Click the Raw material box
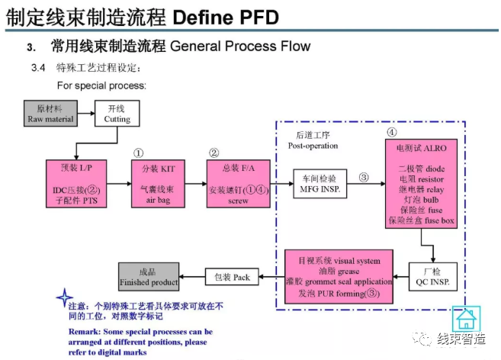click(x=50, y=114)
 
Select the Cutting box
click(x=117, y=114)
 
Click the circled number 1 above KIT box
click(x=138, y=153)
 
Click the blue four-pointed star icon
click(x=64, y=298)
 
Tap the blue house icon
click(x=466, y=318)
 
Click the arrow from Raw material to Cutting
click(x=85, y=114)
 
